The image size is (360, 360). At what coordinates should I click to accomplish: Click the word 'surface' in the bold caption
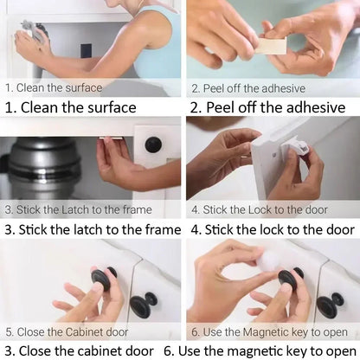[x=104, y=108]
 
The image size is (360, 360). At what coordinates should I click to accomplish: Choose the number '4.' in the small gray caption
[x=196, y=209]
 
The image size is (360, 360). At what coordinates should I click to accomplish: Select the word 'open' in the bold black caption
[x=342, y=350]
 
